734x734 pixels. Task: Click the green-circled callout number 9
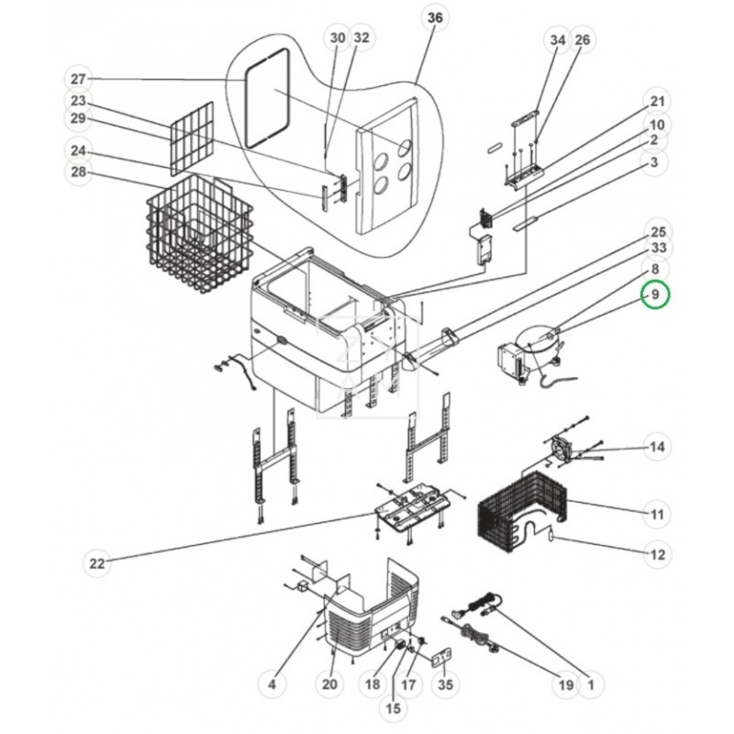coord(656,295)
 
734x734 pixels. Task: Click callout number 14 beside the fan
coord(655,447)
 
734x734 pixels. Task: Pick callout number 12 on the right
coord(656,554)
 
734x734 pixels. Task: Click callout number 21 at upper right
coord(656,101)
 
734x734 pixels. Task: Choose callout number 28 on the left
coord(79,172)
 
